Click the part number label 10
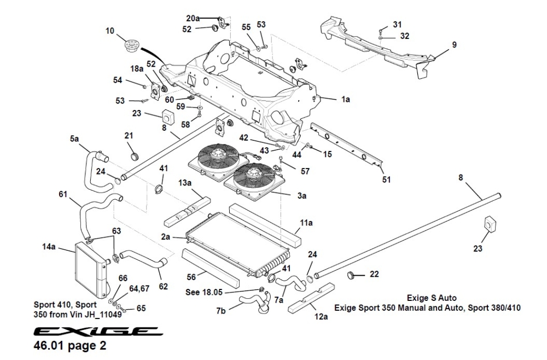point(110,31)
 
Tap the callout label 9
point(455,44)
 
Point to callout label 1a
point(345,100)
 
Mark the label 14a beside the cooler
point(49,247)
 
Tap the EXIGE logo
point(96,332)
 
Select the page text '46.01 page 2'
point(71,346)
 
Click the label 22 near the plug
point(374,274)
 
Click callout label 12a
point(321,317)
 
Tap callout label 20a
point(193,18)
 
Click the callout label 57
point(305,171)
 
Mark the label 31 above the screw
point(397,25)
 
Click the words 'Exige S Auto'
point(427,298)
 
